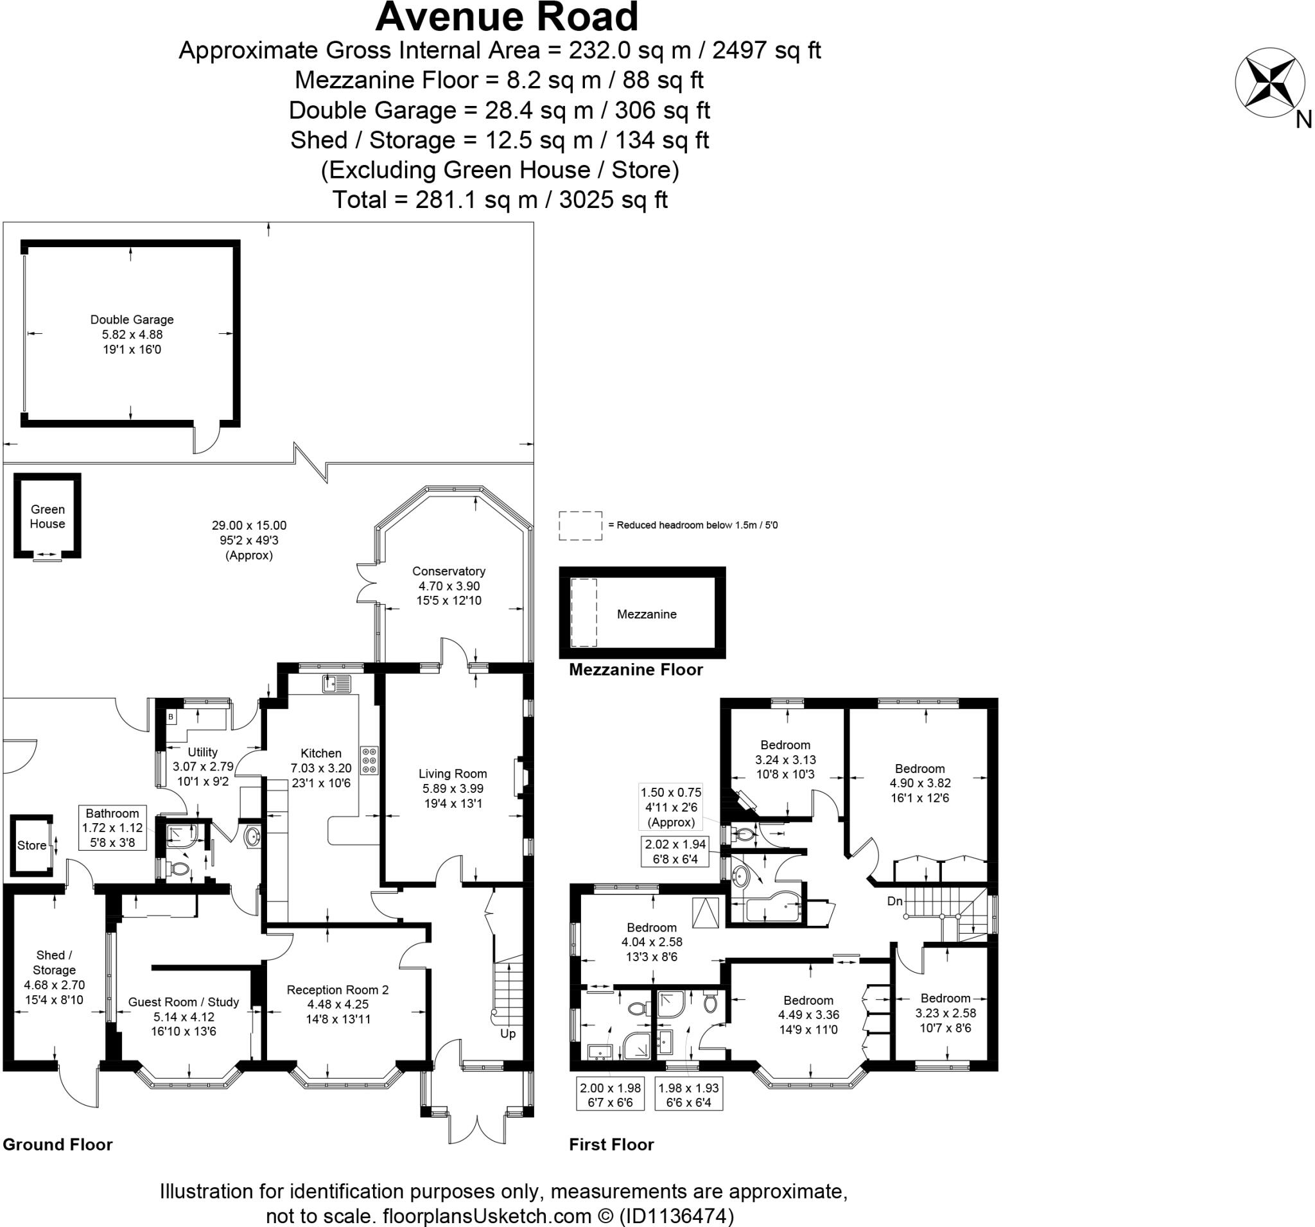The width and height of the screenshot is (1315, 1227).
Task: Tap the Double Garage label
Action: [x=132, y=320]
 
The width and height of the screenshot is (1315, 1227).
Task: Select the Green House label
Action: [x=48, y=517]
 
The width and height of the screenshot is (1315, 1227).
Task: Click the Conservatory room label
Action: [x=448, y=571]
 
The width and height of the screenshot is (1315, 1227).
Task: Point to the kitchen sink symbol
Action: [x=337, y=683]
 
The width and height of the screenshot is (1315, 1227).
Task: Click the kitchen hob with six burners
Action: [x=369, y=761]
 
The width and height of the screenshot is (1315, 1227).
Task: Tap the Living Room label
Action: [x=453, y=773]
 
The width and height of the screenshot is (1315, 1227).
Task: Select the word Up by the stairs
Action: [x=507, y=1033]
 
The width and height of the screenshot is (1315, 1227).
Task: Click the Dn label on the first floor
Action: [x=894, y=901]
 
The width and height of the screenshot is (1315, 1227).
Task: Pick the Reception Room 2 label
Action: [x=337, y=989]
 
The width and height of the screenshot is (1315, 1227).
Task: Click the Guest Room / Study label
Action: [x=183, y=1002]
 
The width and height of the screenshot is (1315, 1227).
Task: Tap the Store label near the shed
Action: [x=31, y=846]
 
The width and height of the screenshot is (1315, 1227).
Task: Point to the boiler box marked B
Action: [x=171, y=717]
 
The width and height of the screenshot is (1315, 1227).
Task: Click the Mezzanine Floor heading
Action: [x=636, y=670]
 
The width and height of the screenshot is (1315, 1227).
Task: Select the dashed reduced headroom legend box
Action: [x=580, y=526]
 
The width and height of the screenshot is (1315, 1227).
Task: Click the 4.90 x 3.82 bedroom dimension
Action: [x=919, y=783]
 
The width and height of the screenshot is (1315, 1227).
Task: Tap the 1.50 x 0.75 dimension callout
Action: [x=671, y=792]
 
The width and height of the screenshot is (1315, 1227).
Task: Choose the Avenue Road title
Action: [x=507, y=17]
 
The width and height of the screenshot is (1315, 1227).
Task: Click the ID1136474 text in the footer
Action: [x=676, y=1215]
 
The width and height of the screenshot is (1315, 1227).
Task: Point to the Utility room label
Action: [x=202, y=752]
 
